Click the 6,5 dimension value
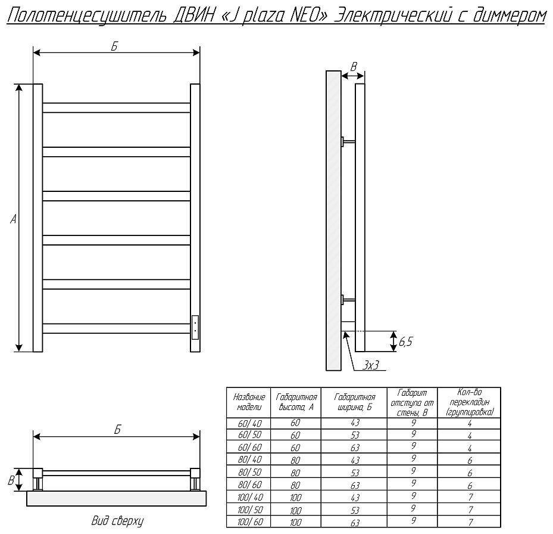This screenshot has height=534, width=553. (405, 342)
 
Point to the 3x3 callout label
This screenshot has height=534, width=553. (371, 365)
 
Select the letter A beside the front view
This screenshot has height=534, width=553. (14, 220)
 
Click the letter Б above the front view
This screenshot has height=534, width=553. (114, 46)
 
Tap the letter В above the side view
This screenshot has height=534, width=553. (354, 66)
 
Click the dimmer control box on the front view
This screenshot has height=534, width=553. (195, 328)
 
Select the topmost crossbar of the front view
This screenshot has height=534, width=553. (117, 108)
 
